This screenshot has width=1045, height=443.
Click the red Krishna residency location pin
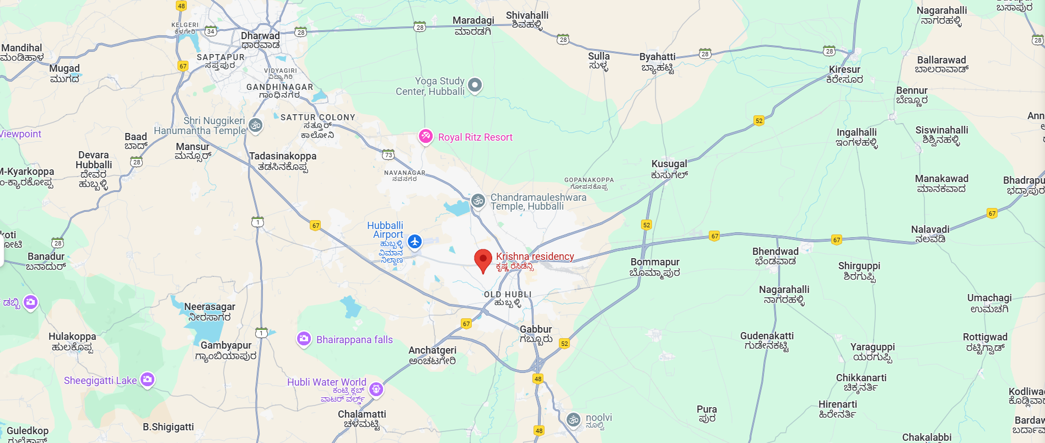pos(483,260)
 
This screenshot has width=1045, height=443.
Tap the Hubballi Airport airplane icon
pos(414,241)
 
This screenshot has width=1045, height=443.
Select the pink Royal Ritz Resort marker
pos(425,136)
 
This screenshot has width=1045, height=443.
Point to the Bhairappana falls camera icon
pos(304,339)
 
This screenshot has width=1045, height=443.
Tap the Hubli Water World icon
pos(376,389)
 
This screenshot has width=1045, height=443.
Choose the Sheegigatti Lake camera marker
pos(147,380)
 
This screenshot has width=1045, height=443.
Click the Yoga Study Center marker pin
pos(475,85)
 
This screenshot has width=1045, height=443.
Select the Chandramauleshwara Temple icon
pos(478,201)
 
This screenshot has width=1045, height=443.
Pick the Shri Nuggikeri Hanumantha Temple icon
pos(255,125)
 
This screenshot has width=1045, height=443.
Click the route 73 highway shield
pos(389,155)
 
